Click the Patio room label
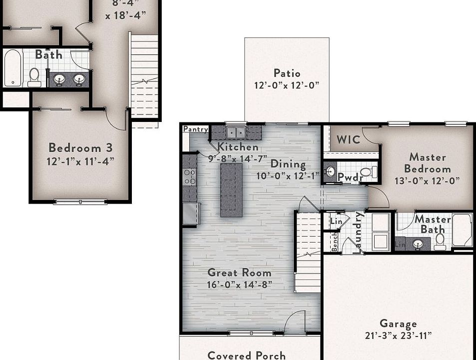[x=287, y=73]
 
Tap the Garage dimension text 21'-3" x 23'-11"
[x=398, y=335]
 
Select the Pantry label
[x=195, y=129]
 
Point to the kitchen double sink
[x=236, y=132]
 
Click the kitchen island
[x=231, y=189]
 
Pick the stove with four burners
[x=190, y=176]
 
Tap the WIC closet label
[x=348, y=139]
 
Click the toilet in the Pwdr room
[x=366, y=172]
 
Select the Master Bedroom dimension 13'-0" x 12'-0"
[x=428, y=180]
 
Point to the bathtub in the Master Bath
[x=462, y=230]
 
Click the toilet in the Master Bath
[x=440, y=241]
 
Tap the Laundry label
[x=358, y=232]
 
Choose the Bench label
[x=335, y=242]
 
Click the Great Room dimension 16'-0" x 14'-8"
[x=240, y=285]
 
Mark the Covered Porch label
[x=246, y=355]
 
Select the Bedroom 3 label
[x=80, y=148]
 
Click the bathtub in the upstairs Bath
[x=12, y=68]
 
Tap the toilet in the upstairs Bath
[x=34, y=76]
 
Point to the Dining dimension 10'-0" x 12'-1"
[x=288, y=175]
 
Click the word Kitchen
[x=238, y=147]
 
